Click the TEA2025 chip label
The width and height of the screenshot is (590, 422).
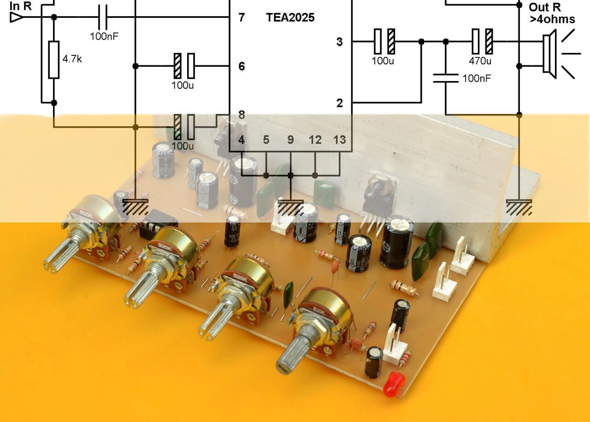pos(290,18)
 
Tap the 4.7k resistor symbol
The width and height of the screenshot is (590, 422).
pos(54,59)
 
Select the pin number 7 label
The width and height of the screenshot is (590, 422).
pos(242,18)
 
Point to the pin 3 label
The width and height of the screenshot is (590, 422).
pos(340,42)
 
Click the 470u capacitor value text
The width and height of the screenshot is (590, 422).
pos(480,61)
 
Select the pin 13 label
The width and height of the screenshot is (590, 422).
pos(339,140)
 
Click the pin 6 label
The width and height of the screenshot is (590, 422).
pos(242,66)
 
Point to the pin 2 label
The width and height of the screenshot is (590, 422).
pos(340,103)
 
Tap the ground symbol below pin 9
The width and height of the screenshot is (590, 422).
pos(290,208)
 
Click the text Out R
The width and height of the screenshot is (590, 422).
pos(545,7)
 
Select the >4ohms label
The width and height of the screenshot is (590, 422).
pos(552,19)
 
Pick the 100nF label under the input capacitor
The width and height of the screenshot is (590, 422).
pos(104,35)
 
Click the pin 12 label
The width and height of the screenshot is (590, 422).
pos(315,140)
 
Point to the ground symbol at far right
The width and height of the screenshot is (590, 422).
pos(519,207)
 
